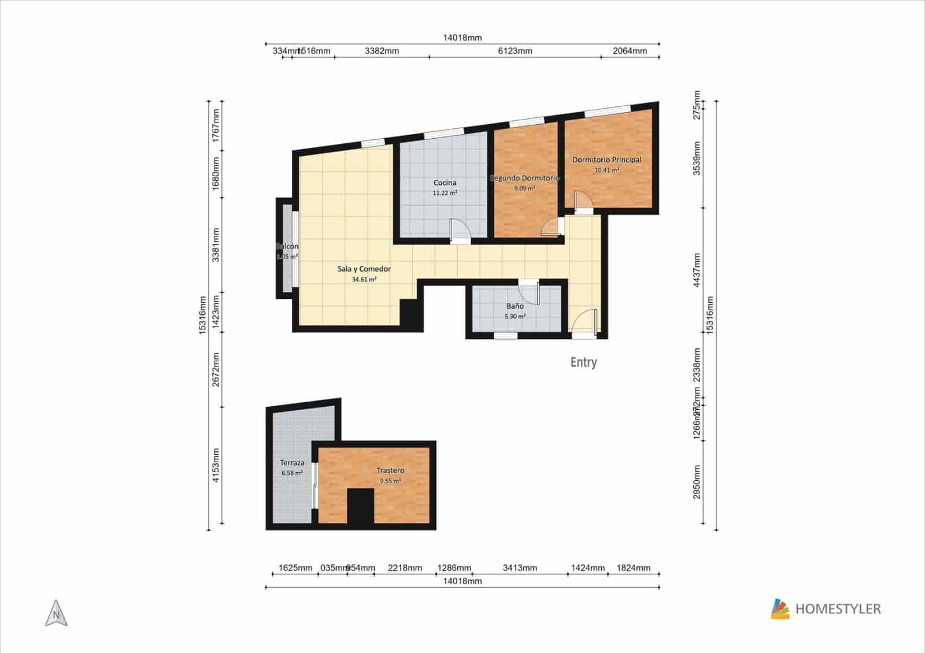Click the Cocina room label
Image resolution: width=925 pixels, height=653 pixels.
point(445,183)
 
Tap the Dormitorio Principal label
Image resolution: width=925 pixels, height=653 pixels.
point(606,159)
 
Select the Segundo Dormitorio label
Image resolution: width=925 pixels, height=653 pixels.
point(524,178)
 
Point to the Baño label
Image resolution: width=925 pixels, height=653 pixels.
point(515,306)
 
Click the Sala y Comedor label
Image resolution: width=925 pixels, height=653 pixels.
point(364,269)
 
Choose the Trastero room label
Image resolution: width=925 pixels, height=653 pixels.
point(390,470)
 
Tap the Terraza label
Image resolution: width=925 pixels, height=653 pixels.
point(292,463)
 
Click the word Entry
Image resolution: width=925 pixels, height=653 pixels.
point(583,362)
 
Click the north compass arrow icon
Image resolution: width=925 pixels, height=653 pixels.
point(56,613)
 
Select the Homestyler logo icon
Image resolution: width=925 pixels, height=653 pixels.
point(780,609)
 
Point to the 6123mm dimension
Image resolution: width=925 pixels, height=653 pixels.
point(515,51)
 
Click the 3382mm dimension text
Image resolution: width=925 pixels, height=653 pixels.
point(382,51)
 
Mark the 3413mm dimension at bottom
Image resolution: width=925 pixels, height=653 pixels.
point(519,568)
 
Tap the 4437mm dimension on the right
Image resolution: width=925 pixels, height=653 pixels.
point(697,270)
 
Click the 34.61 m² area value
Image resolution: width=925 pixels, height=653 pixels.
point(364,280)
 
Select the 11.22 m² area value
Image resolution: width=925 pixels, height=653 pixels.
point(445,193)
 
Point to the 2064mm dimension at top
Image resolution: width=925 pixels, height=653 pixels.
point(630,51)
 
